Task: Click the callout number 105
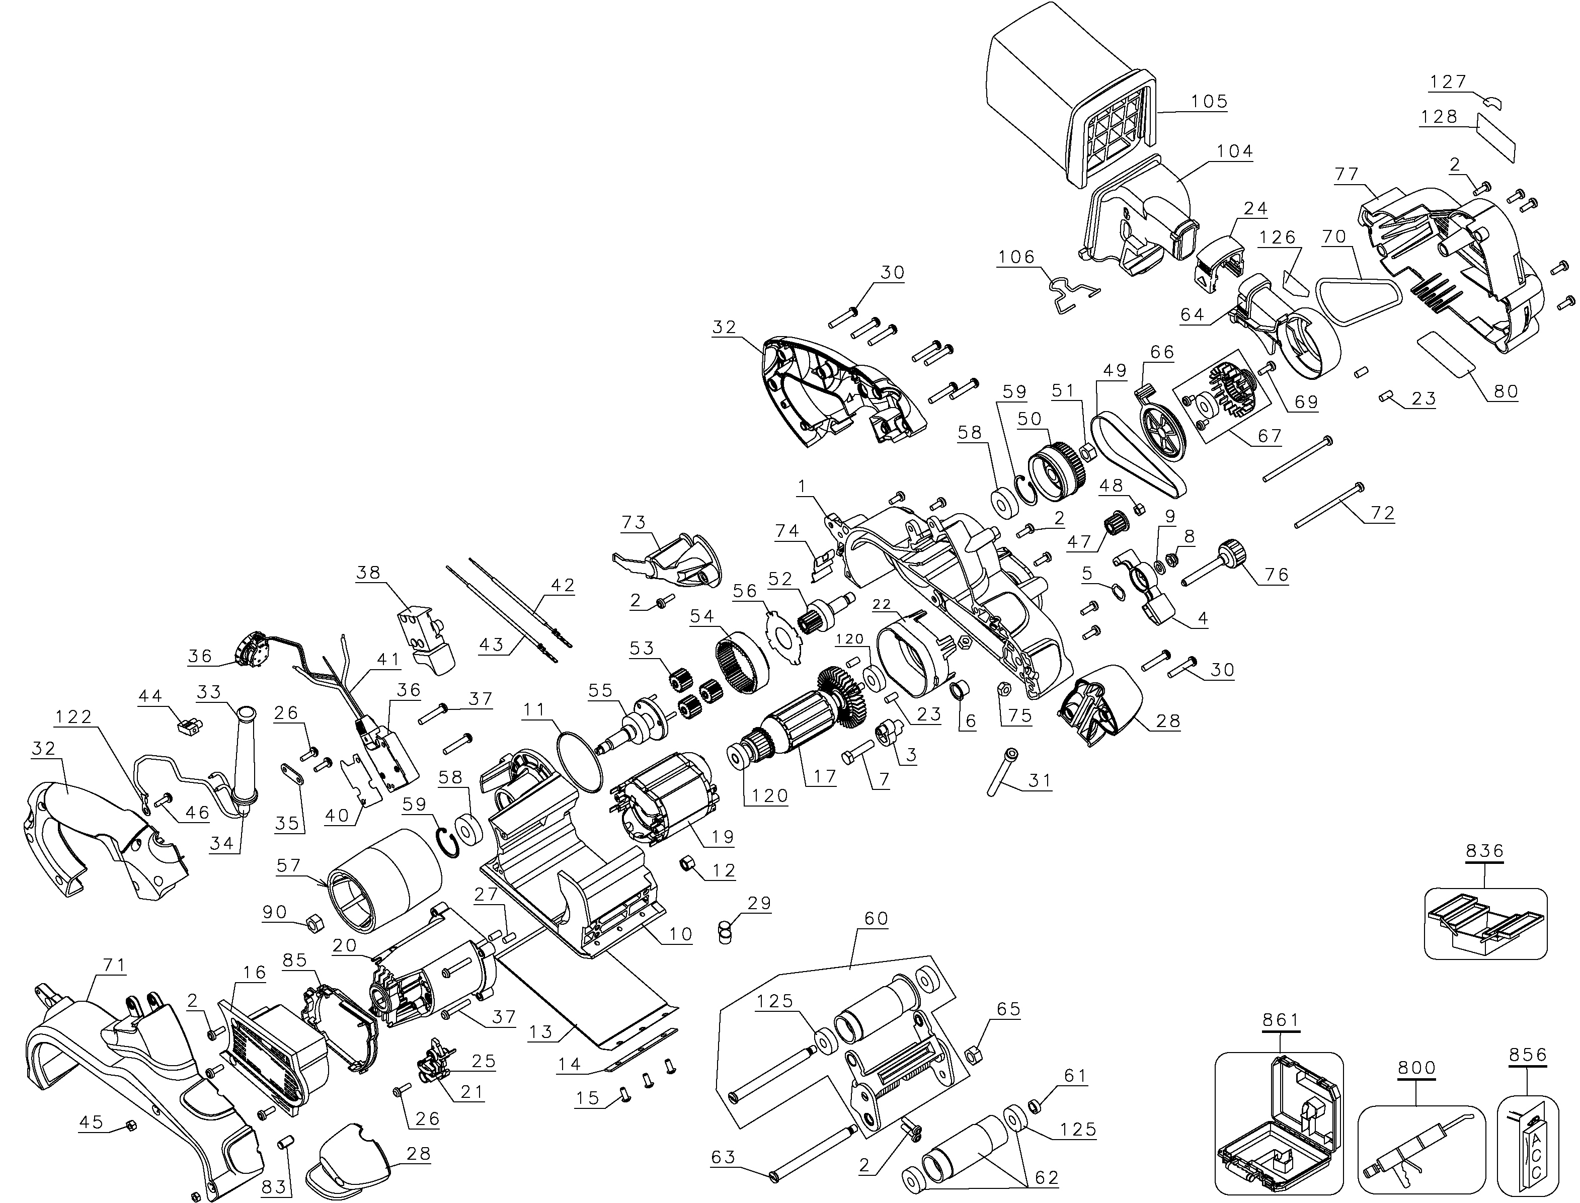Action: point(1209,102)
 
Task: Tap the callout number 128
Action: point(1440,117)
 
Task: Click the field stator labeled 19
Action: point(663,802)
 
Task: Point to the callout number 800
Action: point(1416,1068)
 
